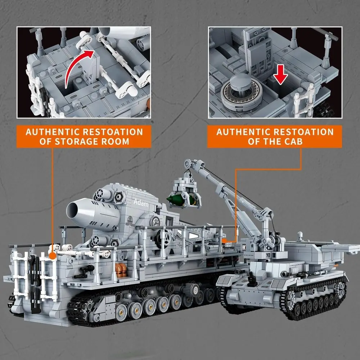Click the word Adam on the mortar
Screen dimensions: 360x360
click(140, 202)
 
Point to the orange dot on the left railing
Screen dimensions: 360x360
click(53, 256)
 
